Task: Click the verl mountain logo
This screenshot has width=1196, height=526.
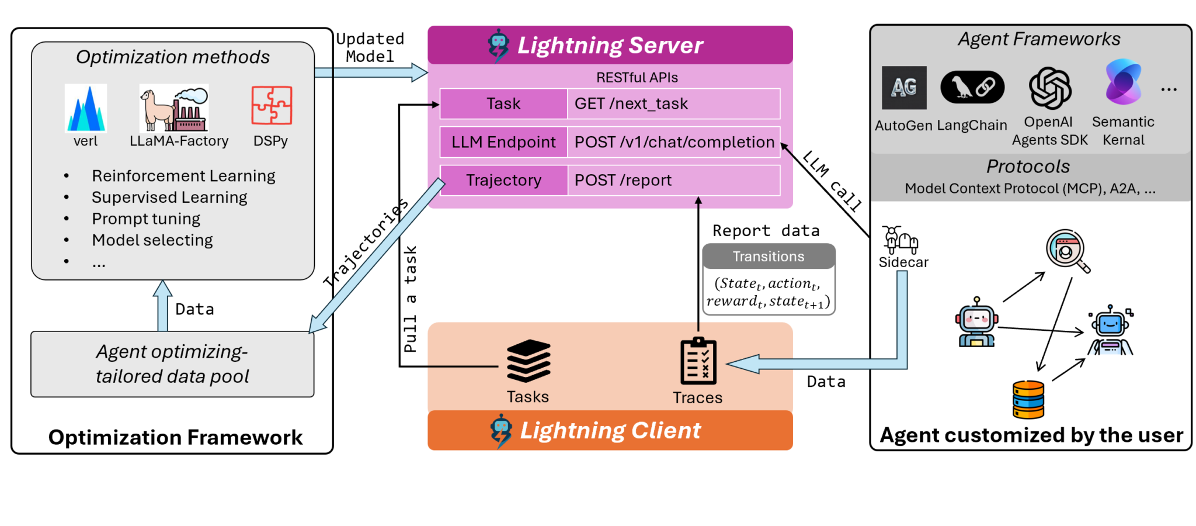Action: pos(86,108)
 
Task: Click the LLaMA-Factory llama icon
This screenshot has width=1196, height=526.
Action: pos(173,108)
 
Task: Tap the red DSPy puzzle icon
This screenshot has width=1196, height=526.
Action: pos(272,105)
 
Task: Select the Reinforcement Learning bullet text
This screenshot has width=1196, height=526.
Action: pos(183,176)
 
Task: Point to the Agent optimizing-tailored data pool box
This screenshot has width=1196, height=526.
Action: pos(172,364)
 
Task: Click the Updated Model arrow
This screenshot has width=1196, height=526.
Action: pos(370,72)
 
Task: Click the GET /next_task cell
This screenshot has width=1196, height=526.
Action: pos(673,104)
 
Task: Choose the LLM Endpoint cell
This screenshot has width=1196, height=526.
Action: pos(503,142)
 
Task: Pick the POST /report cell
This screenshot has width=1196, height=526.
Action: pos(673,181)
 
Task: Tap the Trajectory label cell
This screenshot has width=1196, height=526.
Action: pos(503,181)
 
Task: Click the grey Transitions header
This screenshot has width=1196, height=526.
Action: pos(769,257)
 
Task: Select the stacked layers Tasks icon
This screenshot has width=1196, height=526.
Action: pos(529,361)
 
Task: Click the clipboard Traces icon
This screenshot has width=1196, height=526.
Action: pos(698,361)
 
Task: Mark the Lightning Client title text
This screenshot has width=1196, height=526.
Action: pos(610,431)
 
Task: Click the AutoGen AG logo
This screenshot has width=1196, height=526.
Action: pos(904,88)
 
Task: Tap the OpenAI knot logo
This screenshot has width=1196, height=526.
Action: pos(1049,88)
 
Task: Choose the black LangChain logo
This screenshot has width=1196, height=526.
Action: pos(972,88)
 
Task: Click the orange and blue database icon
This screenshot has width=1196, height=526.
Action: pos(1028,399)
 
